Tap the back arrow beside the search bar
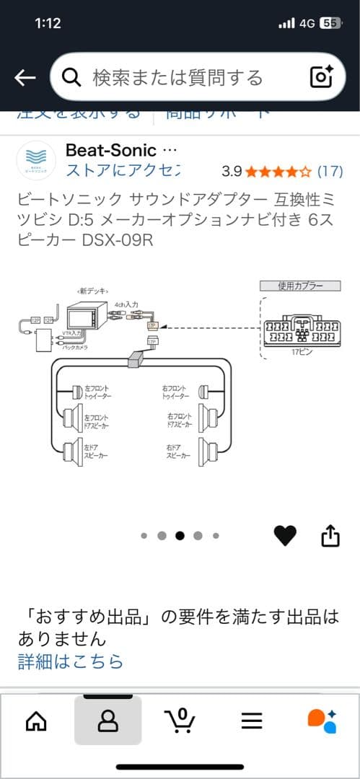25,78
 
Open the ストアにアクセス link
122,171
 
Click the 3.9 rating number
232,172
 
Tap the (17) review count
330,172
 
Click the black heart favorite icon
285,535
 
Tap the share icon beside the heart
330,535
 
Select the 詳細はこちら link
71,661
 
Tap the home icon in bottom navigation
36,721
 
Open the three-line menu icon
252,721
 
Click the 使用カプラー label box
299,286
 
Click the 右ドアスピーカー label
180,452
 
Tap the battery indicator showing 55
330,23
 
